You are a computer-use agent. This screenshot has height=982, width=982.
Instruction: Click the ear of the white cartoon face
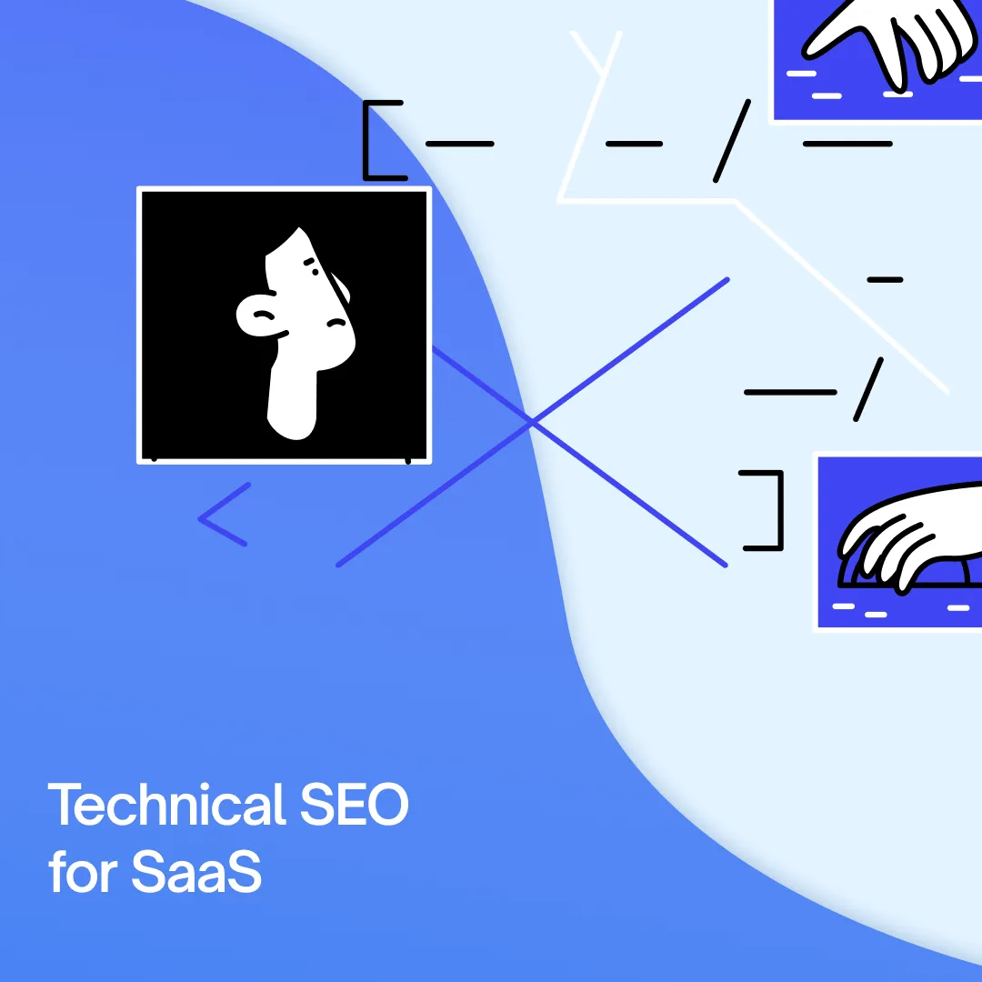[x=256, y=315]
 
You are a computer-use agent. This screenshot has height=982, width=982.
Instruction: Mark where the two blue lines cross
[x=532, y=422]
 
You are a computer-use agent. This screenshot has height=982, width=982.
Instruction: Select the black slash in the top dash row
[x=731, y=140]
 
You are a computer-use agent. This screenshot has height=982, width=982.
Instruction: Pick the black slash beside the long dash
[x=868, y=388]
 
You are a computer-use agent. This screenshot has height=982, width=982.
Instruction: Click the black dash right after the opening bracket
[x=459, y=144]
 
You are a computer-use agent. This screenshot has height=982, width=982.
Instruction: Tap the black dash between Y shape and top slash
[x=634, y=144]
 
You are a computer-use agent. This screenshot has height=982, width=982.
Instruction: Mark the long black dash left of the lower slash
[x=789, y=392]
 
